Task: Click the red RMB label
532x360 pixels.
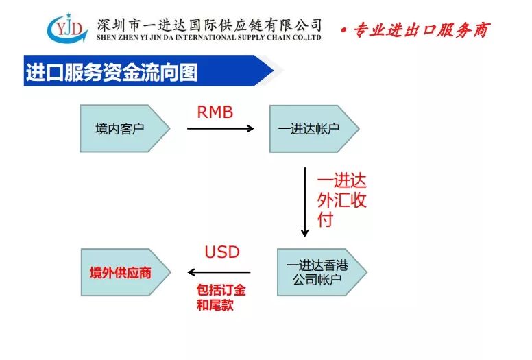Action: point(215,112)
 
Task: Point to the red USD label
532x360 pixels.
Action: point(222,252)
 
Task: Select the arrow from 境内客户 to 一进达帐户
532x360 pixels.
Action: point(220,128)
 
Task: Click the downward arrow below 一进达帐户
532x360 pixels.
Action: point(304,202)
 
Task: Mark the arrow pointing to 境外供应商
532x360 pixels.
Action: point(219,272)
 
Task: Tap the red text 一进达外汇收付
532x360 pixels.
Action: point(341,200)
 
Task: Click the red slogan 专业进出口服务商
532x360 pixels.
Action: point(421,30)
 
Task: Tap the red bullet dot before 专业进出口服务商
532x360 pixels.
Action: point(343,31)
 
